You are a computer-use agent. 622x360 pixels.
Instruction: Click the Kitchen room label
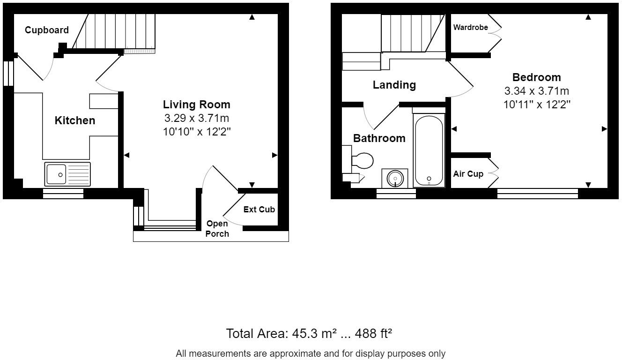(x=75, y=120)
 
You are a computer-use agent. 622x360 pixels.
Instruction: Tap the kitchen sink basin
(x=56, y=174)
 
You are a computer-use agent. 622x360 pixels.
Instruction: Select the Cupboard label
(x=47, y=30)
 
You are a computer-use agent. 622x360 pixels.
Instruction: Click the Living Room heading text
(x=197, y=105)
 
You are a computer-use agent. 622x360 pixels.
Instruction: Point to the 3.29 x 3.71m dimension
(x=197, y=118)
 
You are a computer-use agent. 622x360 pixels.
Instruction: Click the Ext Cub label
(x=259, y=210)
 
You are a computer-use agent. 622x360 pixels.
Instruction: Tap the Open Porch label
(x=217, y=228)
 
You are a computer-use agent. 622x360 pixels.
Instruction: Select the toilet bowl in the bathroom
(x=362, y=161)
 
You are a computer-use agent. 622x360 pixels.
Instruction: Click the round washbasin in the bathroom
(x=395, y=178)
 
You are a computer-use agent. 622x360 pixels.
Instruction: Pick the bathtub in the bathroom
(x=429, y=150)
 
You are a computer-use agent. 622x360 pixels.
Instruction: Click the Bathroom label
(x=379, y=138)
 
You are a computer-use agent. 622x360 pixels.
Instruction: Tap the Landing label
(x=394, y=85)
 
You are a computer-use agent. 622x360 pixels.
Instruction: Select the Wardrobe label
(x=471, y=27)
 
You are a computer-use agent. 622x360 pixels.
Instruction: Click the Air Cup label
(x=468, y=174)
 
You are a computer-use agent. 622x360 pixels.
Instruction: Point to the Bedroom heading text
(x=536, y=77)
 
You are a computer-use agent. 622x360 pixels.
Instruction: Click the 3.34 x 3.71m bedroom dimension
(x=536, y=91)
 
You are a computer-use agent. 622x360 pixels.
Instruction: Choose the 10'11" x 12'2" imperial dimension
(x=536, y=105)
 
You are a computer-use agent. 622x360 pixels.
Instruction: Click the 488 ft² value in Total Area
(x=373, y=334)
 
